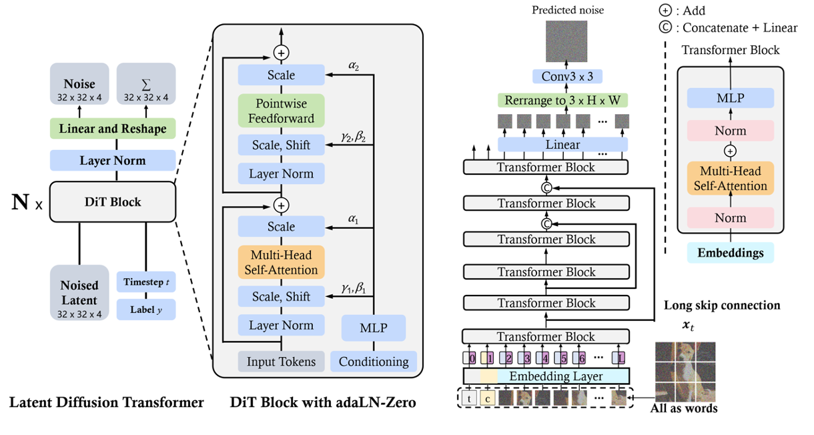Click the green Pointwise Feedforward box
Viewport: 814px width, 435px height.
click(281, 111)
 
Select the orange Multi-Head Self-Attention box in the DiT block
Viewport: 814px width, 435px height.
click(281, 262)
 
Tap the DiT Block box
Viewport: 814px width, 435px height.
click(112, 201)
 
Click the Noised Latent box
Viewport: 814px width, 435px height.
click(80, 292)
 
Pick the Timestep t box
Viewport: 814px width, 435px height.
click(145, 282)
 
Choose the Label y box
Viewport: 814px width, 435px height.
click(145, 309)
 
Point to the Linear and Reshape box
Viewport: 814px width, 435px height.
click(112, 129)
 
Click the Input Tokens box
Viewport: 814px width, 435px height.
click(281, 362)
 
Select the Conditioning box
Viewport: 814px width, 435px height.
click(374, 362)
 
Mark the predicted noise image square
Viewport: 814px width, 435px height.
click(566, 42)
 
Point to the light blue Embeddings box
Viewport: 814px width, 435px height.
click(730, 253)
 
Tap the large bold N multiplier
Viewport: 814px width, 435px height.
click(19, 201)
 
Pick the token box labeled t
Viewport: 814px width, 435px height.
click(471, 399)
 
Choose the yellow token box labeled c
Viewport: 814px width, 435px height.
click(488, 399)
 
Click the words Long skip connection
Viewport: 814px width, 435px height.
click(722, 306)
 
